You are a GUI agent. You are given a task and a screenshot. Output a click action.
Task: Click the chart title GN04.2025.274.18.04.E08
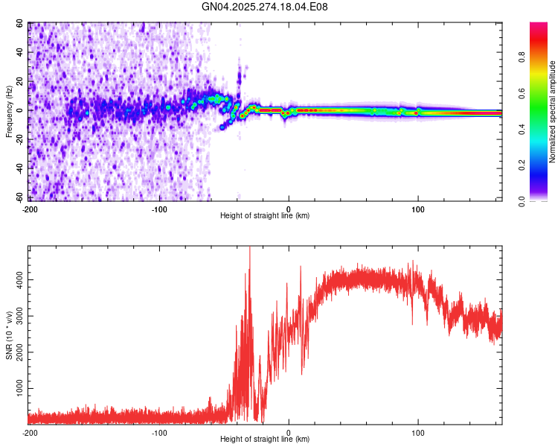coord(265,7)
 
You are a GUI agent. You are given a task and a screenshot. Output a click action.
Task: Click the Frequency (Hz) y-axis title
coord(9,112)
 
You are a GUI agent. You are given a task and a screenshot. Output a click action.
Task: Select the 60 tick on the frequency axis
coord(20,24)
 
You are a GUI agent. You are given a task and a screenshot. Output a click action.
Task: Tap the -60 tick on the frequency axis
coord(19,197)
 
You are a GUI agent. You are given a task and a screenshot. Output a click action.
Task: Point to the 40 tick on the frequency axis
coord(20,53)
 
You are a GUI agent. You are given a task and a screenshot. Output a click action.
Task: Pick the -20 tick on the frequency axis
coord(19,139)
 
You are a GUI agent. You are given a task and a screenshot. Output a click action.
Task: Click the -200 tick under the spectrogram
coord(30,209)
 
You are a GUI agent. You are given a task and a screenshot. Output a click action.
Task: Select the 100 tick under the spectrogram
coord(418,209)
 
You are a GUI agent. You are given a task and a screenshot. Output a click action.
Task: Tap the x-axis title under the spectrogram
coord(265,216)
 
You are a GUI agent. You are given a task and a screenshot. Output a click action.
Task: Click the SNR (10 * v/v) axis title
coord(9,335)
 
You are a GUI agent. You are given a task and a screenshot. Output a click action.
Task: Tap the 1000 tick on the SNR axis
coord(16,389)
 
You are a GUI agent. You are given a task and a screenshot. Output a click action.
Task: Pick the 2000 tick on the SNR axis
coord(16,352)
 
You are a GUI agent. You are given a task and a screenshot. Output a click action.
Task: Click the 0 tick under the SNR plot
coord(289,432)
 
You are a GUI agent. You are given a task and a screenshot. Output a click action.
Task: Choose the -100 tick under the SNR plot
coord(159,432)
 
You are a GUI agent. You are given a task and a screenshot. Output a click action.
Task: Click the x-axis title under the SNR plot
coord(265,440)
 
